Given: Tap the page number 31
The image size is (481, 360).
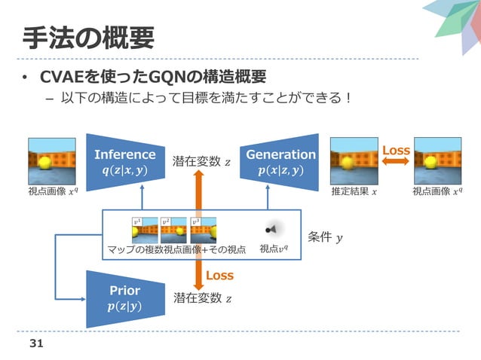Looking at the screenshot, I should point(35,343).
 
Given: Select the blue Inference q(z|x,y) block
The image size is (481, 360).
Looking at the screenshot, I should point(124,161).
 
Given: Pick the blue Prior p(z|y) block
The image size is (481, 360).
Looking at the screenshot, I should point(124,297).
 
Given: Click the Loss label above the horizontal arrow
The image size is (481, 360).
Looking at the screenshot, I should point(396,151).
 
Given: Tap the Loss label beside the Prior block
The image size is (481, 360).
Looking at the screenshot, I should point(219,276).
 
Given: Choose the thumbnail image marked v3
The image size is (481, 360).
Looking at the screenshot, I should point(203,230).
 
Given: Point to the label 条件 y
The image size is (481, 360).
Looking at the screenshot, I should point(324,238).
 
